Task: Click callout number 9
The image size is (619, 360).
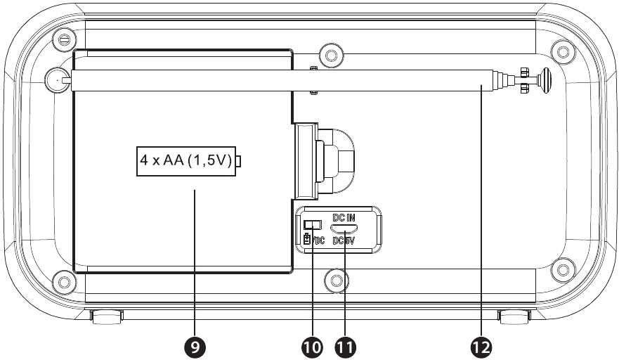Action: (x=195, y=347)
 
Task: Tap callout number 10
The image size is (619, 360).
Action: (x=312, y=347)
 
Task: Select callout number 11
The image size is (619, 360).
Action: (x=345, y=347)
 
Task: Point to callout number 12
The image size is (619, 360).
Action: (x=481, y=347)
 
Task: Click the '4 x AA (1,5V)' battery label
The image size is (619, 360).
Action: (x=186, y=161)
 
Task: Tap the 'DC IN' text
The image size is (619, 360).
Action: (x=344, y=217)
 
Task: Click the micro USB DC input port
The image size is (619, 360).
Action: (x=344, y=229)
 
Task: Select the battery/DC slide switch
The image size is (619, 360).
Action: (x=312, y=225)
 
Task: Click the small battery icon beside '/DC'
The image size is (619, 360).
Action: (x=306, y=240)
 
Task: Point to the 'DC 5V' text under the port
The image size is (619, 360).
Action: (x=344, y=240)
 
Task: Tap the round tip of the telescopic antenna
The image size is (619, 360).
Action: (x=546, y=81)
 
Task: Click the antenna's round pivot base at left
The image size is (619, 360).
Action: (x=58, y=79)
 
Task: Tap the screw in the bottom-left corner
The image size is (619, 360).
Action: (x=64, y=281)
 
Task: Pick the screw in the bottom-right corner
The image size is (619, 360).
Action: (x=561, y=269)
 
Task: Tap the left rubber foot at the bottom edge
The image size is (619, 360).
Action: (x=107, y=316)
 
